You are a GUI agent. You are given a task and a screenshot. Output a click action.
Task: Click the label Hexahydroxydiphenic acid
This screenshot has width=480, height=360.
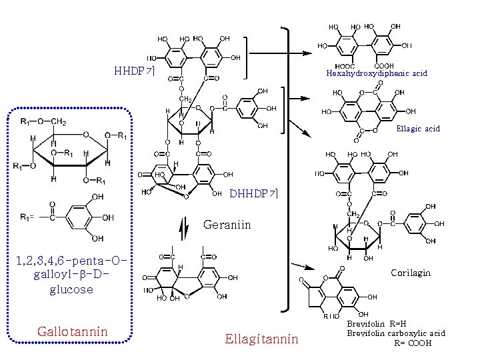click(x=377, y=73)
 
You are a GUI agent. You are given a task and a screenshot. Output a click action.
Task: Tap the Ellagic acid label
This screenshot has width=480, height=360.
click(x=418, y=129)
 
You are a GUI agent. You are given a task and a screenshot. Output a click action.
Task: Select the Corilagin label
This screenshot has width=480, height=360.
click(x=411, y=273)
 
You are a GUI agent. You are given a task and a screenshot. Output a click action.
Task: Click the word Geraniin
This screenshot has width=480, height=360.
click(x=227, y=225)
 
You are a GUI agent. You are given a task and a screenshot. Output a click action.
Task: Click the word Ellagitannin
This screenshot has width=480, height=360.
click(x=261, y=339)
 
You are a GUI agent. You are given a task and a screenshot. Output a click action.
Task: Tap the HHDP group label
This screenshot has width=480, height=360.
click(x=135, y=71)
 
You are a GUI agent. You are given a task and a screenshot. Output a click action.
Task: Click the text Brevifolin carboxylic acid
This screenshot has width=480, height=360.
click(x=396, y=333)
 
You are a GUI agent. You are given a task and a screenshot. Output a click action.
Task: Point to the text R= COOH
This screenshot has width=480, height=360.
click(x=413, y=343)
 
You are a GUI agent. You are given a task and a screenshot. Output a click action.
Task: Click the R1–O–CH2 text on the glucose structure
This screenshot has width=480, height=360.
click(x=43, y=122)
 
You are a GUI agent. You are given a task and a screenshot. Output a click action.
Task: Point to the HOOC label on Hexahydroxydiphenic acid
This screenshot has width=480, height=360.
click(x=345, y=66)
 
